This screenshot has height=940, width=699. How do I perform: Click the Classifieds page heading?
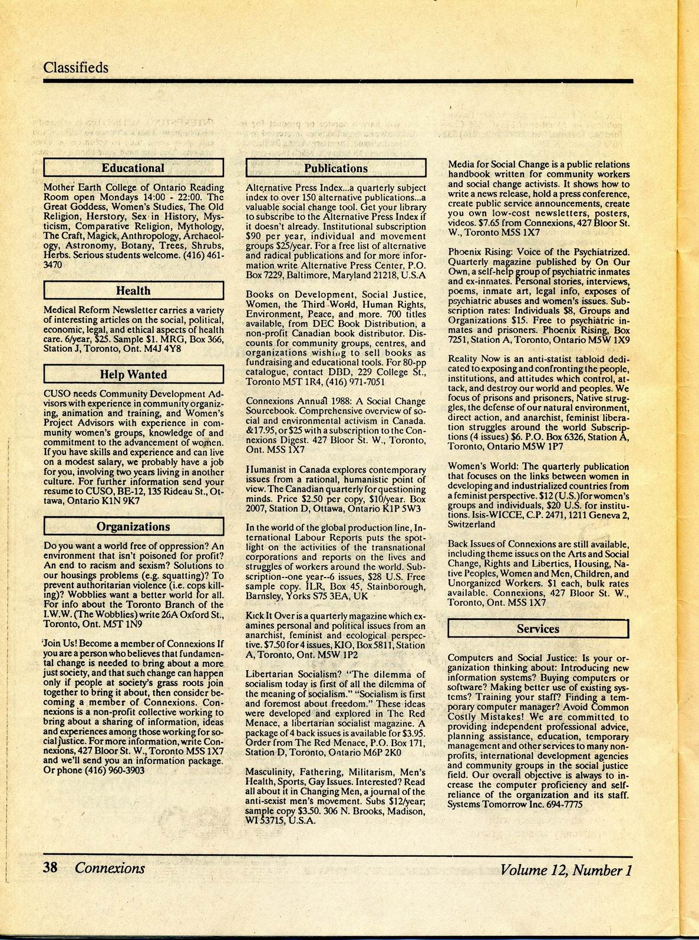click(x=75, y=67)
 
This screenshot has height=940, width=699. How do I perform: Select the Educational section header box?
click(x=133, y=168)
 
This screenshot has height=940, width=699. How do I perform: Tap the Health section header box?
click(x=133, y=291)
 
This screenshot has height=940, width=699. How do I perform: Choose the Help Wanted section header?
click(x=133, y=374)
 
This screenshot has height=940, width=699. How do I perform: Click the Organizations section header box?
click(x=133, y=526)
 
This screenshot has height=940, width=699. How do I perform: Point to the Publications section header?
click(x=335, y=168)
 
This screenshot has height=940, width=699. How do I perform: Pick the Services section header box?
click(x=538, y=629)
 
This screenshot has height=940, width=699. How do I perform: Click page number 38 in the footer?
click(x=50, y=868)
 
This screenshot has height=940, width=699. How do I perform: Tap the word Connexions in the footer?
click(x=110, y=868)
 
